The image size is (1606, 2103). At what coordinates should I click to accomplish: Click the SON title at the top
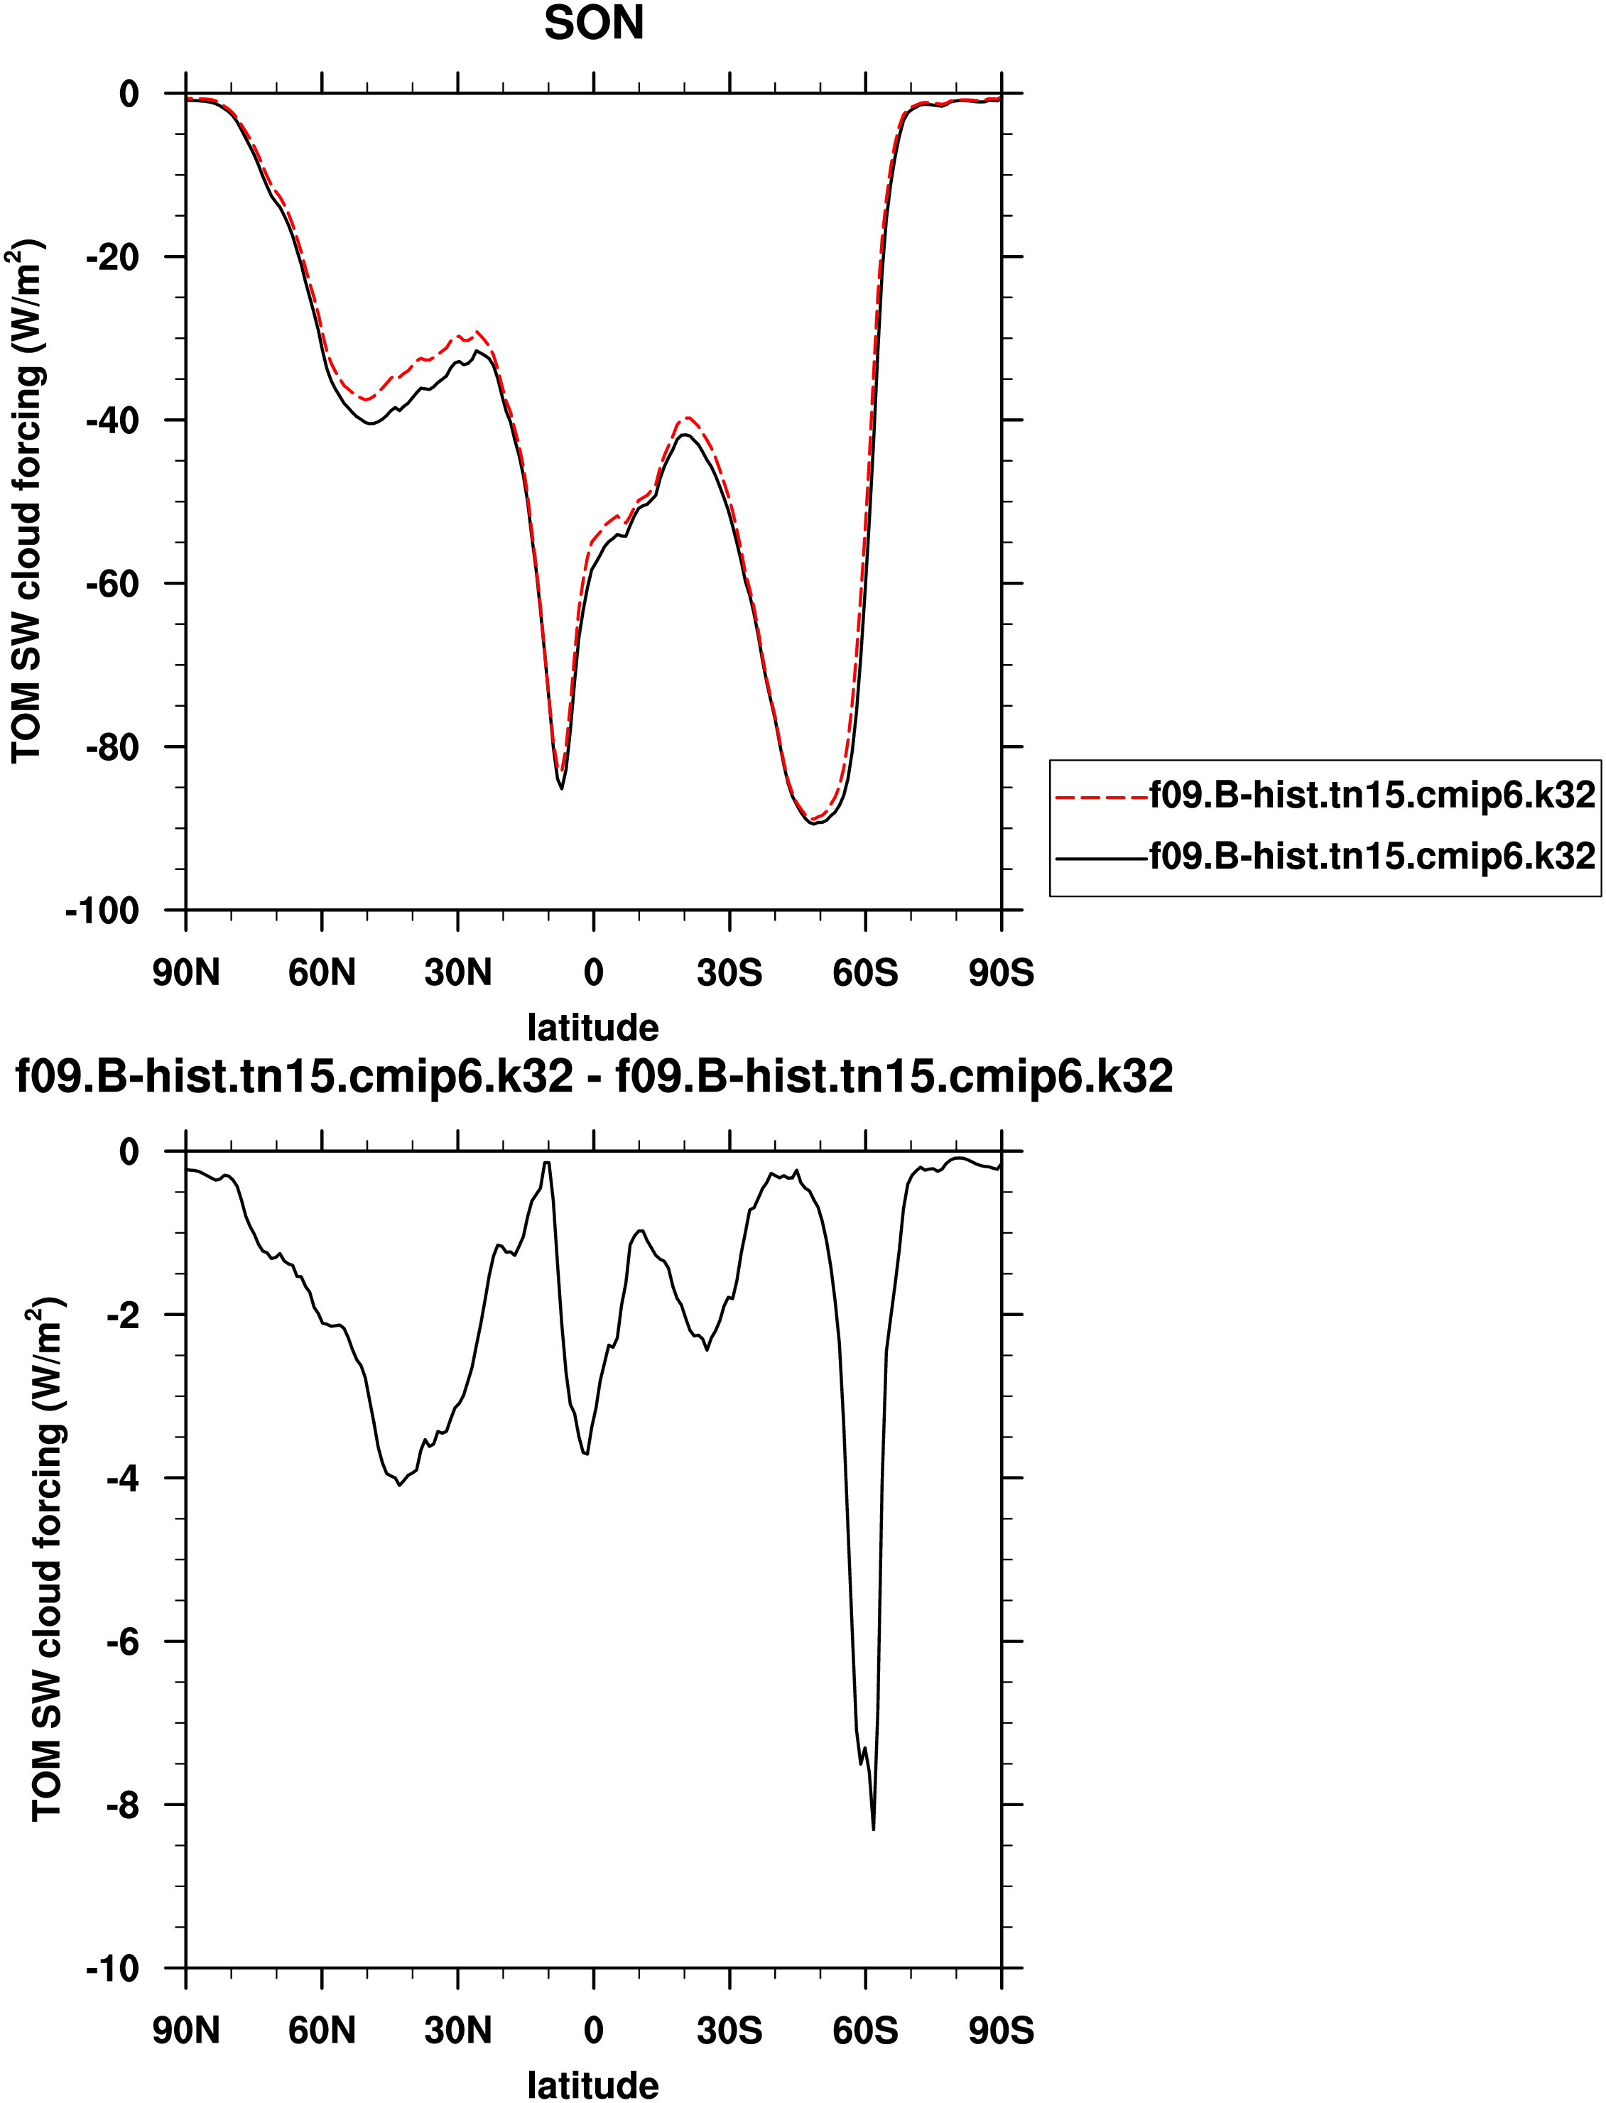(594, 23)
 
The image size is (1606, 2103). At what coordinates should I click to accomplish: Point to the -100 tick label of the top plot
(102, 911)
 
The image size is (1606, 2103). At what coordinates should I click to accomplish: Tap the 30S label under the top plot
(729, 973)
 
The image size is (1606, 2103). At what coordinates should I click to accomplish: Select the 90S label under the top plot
(1001, 973)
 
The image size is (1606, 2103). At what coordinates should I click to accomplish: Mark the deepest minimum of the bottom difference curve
(873, 1829)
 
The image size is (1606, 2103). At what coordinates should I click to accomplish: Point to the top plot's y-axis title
(27, 502)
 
